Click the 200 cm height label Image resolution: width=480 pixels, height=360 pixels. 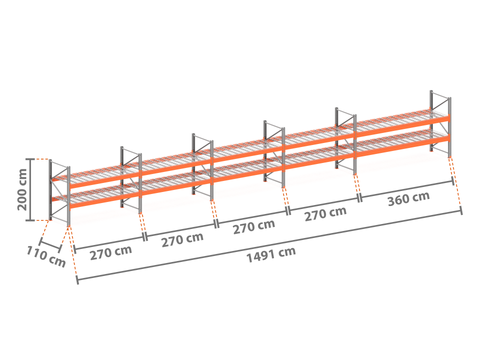tap(22, 190)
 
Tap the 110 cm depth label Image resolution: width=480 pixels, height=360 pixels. tap(46, 256)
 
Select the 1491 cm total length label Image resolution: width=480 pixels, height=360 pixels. tap(271, 254)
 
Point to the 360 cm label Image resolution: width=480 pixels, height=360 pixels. tap(408, 199)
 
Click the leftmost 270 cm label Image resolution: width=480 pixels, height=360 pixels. tap(111, 252)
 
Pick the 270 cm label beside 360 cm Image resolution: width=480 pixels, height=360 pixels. tap(326, 213)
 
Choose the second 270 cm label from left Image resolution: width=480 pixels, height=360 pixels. tap(182, 239)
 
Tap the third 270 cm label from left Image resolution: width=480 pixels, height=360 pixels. tap(254, 226)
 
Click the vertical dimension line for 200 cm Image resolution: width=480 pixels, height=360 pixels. tap(31, 190)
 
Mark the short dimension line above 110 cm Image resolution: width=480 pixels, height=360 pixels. tap(50, 245)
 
